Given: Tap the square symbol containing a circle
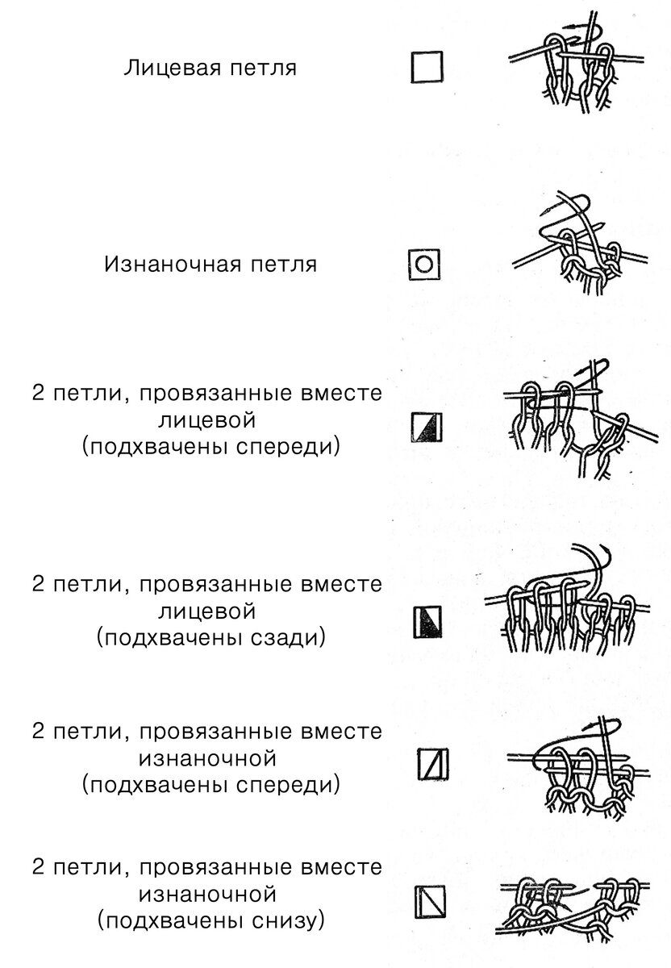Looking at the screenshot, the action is pyautogui.click(x=424, y=264).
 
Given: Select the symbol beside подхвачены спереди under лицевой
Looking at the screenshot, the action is pyautogui.click(x=427, y=428).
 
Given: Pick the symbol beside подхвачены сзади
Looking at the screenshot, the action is pyautogui.click(x=427, y=622).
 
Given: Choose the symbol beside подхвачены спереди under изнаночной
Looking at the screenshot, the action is pyautogui.click(x=433, y=764).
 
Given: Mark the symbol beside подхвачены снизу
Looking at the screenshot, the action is pyautogui.click(x=430, y=902).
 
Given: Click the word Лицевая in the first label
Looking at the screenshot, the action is pyautogui.click(x=173, y=69).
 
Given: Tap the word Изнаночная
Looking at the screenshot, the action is pyautogui.click(x=173, y=264).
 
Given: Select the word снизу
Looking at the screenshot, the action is pyautogui.click(x=288, y=921).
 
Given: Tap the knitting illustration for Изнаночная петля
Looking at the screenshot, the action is pyautogui.click(x=580, y=243).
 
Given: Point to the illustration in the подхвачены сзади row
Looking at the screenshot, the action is pyautogui.click(x=567, y=603).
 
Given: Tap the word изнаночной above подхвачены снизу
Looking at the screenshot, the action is pyautogui.click(x=207, y=894).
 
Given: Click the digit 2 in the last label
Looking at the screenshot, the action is pyautogui.click(x=38, y=866).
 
